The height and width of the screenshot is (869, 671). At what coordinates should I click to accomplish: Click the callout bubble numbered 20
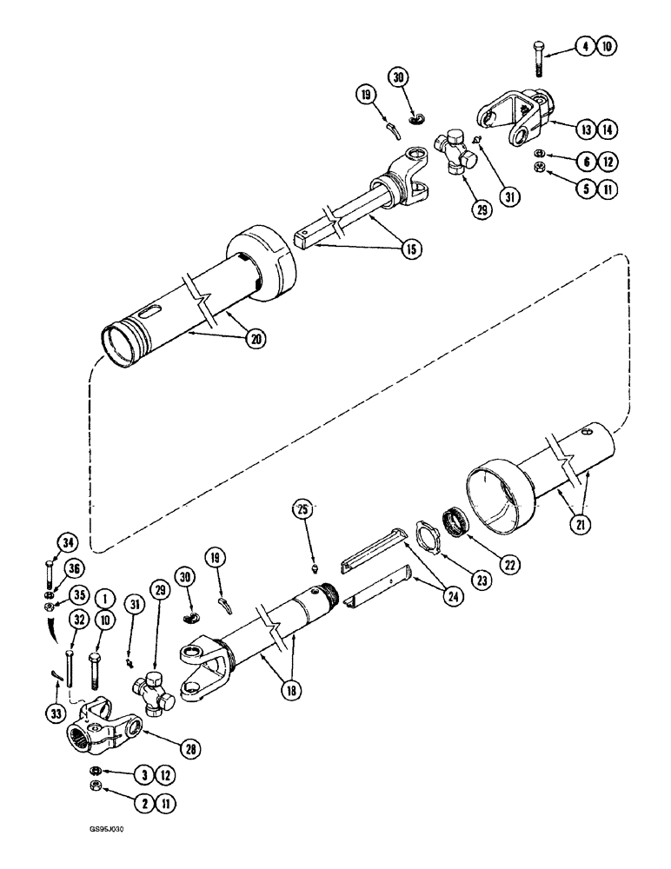point(232,341)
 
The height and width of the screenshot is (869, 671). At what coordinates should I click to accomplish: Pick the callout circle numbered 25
point(302,509)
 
